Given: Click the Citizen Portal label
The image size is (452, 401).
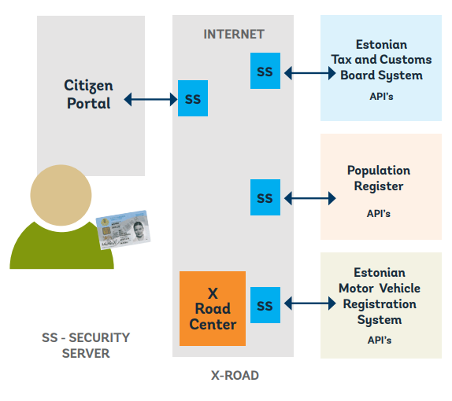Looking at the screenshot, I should tap(87, 94).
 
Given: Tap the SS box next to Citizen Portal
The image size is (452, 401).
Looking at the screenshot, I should tap(193, 99).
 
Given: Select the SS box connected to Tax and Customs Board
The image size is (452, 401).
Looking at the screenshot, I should tap(265, 72).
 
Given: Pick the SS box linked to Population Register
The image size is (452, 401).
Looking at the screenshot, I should tap(265, 197).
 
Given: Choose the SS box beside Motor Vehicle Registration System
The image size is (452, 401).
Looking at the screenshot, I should tap(265, 305).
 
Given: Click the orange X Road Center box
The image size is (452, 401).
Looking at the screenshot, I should tap(213, 308).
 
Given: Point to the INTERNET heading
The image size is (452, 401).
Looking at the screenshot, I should tap(234, 34).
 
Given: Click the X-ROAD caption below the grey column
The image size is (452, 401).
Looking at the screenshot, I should tap(235, 376).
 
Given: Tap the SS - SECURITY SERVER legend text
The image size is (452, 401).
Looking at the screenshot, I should tap(86, 345).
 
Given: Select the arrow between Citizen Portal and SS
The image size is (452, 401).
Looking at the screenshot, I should tap(150, 99).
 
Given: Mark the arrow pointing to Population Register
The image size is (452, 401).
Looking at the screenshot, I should tap(309, 198).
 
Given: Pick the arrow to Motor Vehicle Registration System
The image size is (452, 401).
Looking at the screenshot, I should tap(309, 303).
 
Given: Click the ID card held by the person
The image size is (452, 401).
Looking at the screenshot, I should tap(123, 229).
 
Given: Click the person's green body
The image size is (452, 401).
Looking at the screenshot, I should tap(59, 248).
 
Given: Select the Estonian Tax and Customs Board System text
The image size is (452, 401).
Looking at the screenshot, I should tap(381, 60).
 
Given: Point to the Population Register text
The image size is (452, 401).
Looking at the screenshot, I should tap(379, 178).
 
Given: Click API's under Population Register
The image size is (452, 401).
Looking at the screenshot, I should tap(379, 213).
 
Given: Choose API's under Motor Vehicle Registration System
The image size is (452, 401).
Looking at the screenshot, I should tap(379, 340).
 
